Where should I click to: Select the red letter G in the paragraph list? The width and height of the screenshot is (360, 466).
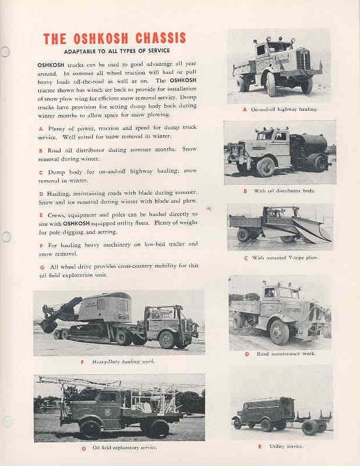pos(42,267)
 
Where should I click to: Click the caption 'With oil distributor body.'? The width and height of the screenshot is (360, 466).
pos(284,191)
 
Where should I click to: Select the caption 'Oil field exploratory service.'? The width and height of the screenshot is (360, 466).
pos(125,447)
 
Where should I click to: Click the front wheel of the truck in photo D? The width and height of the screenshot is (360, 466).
pos(279,332)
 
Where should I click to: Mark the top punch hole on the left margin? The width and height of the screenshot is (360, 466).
pos(5,52)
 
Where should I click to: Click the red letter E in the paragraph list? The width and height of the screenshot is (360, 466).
pos(41,214)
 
